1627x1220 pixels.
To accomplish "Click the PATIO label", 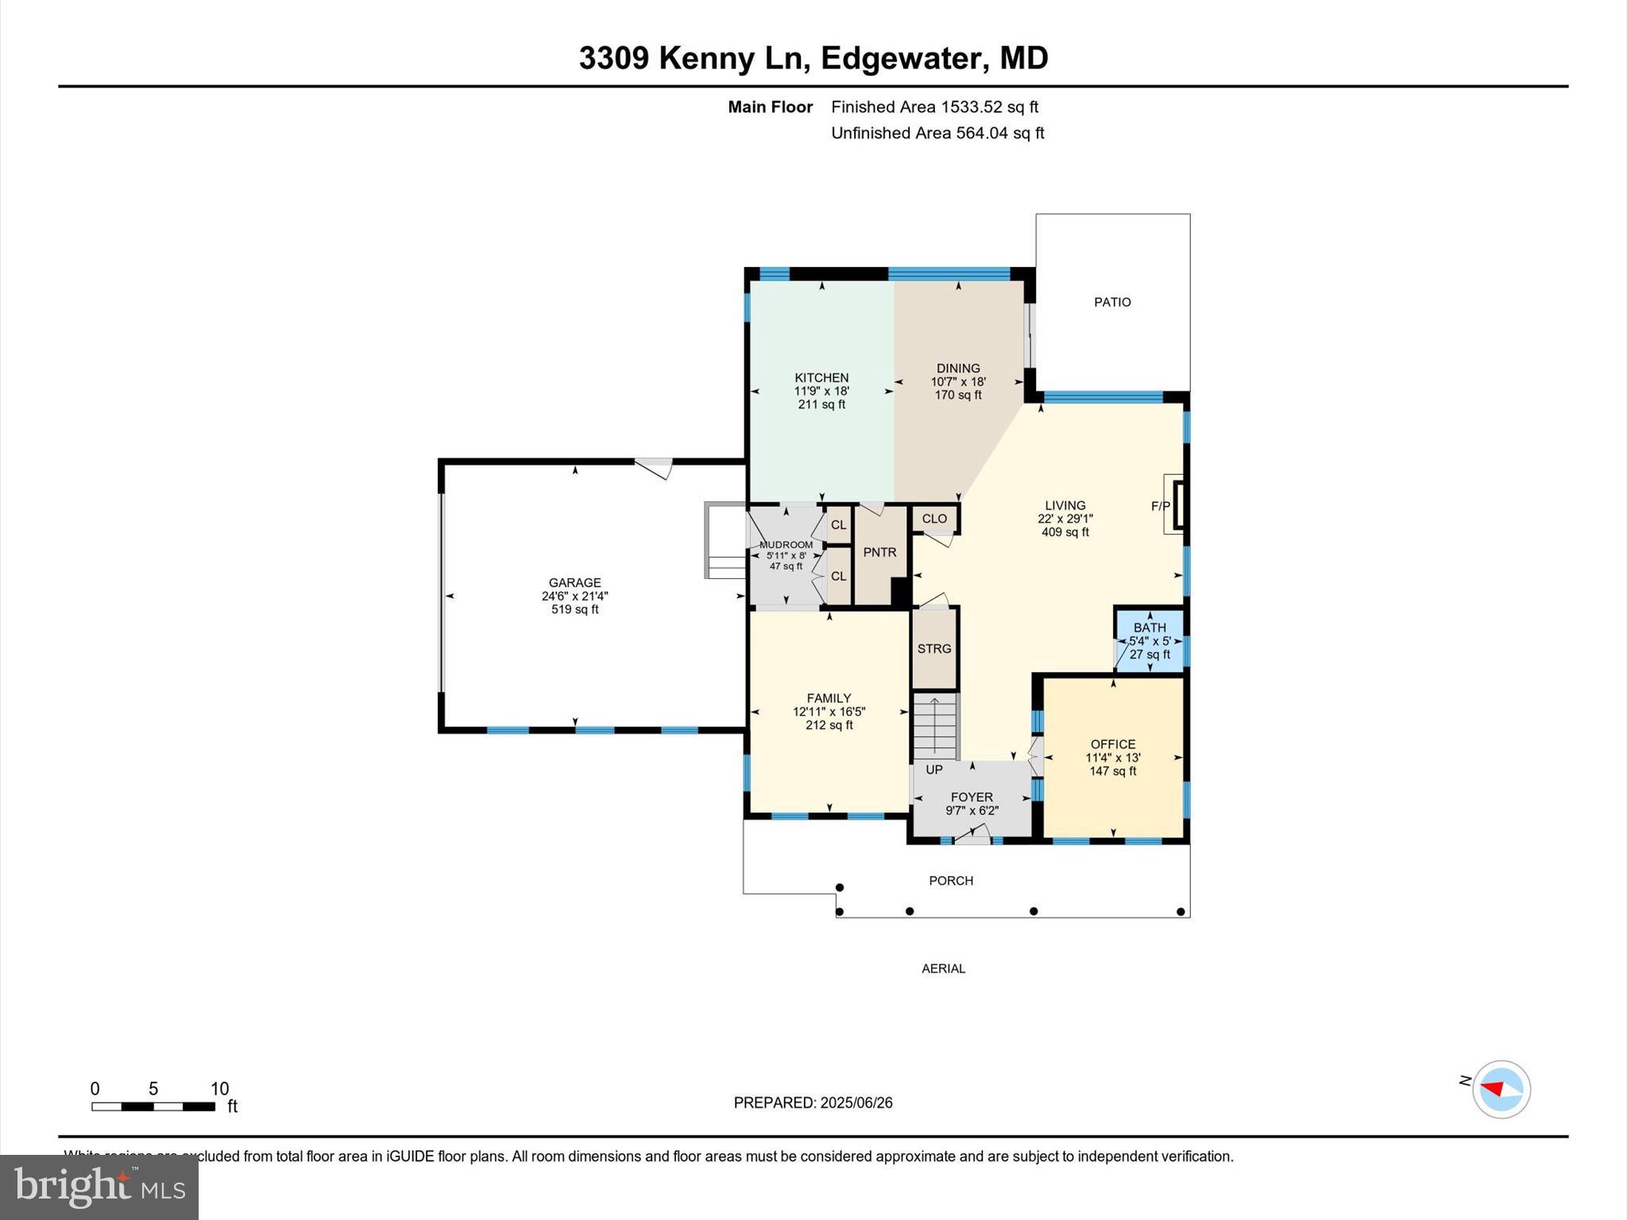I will click(1111, 302).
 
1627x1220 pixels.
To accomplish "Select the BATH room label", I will click(1150, 627).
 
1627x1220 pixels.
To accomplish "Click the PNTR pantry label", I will click(879, 552).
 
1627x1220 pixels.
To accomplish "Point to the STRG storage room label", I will click(933, 648).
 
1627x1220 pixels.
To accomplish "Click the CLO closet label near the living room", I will click(934, 519).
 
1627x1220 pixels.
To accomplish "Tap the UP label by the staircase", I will click(934, 770).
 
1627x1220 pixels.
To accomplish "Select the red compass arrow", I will click(1494, 1088).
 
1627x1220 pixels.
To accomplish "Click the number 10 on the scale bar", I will click(219, 1089).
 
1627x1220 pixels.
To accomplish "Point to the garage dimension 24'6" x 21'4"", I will click(574, 596).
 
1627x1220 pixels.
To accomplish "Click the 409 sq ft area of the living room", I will click(1065, 532).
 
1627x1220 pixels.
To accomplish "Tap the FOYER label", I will click(972, 797).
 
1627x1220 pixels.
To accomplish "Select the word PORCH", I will click(951, 880).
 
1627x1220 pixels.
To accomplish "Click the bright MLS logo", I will click(99, 1187).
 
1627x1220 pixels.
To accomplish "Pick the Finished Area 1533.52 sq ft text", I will click(934, 106).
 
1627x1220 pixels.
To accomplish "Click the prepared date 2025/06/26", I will click(856, 1102).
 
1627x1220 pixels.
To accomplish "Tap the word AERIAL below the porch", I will click(943, 968).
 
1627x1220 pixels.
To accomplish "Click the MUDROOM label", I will click(786, 545).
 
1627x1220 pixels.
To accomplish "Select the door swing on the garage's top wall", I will click(656, 468).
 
